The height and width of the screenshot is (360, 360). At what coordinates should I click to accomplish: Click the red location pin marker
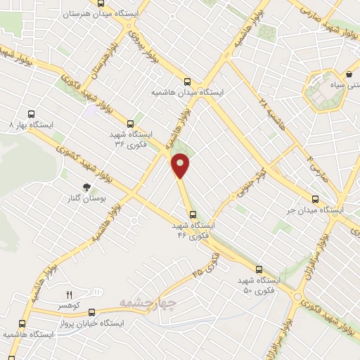pyautogui.click(x=181, y=166)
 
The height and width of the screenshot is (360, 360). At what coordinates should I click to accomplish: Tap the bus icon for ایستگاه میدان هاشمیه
pyautogui.click(x=186, y=81)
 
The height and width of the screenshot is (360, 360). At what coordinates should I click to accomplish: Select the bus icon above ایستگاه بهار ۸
pyautogui.click(x=30, y=113)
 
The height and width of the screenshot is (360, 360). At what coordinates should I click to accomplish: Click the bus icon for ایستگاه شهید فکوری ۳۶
pyautogui.click(x=129, y=123)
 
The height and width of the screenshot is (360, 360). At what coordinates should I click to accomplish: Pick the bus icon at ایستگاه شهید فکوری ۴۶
pyautogui.click(x=193, y=215)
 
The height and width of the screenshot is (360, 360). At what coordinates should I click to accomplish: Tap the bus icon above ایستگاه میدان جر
pyautogui.click(x=316, y=199)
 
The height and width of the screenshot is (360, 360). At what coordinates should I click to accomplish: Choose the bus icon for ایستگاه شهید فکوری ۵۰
pyautogui.click(x=259, y=269)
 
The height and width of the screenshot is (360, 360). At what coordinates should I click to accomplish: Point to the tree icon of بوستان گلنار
pyautogui.click(x=86, y=187)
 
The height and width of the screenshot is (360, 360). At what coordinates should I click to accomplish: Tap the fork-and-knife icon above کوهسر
pyautogui.click(x=69, y=295)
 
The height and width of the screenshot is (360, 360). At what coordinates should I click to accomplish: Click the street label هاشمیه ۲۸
pyautogui.click(x=264, y=110)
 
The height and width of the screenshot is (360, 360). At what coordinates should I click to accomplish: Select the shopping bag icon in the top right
pyautogui.click(x=349, y=74)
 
